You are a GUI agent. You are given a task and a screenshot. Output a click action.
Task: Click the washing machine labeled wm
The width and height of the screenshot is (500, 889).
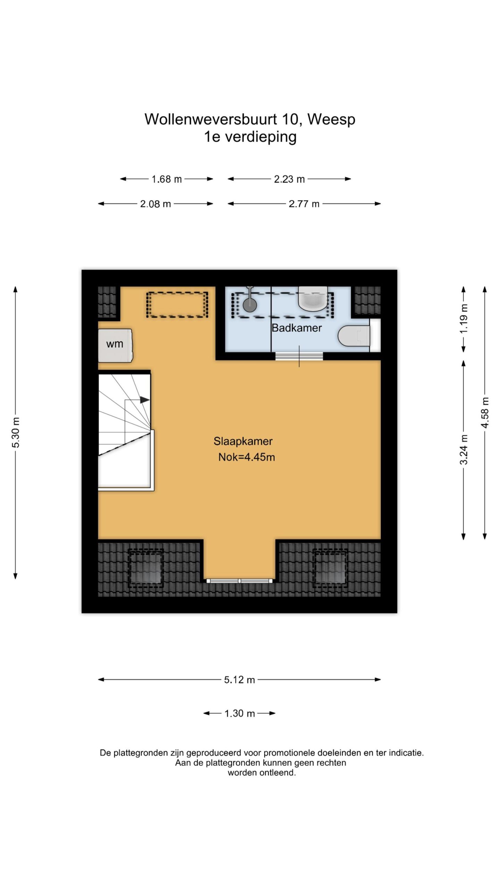point(115,345)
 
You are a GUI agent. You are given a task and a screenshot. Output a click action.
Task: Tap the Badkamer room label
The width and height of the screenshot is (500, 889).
point(297,328)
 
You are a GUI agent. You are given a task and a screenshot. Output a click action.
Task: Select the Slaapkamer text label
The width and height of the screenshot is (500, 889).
point(243,441)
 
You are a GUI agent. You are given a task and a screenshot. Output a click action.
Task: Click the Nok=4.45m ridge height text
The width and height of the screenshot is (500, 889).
point(247,457)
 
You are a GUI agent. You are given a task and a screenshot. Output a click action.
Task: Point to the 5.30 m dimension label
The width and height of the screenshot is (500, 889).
point(16,432)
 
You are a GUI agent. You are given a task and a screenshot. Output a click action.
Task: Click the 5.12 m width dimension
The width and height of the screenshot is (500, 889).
point(240,680)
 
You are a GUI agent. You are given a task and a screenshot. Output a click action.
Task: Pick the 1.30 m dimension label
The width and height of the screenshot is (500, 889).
point(240,713)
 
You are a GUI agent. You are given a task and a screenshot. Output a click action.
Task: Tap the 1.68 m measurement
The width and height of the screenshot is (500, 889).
point(167,179)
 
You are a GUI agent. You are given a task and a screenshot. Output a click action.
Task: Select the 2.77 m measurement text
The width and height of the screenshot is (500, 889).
point(304,204)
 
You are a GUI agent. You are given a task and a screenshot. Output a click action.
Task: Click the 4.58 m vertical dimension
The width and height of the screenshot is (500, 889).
point(485,413)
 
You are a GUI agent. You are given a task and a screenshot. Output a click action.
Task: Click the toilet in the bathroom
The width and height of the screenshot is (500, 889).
point(354,336)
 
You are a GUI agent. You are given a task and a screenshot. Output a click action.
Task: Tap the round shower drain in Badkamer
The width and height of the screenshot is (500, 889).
point(250,305)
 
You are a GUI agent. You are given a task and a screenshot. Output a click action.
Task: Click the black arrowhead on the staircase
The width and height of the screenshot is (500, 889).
point(145,400)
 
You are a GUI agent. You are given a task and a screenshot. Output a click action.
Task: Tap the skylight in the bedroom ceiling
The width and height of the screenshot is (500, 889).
point(177,305)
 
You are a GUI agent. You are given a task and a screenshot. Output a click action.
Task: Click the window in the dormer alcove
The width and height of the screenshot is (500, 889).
point(240,581)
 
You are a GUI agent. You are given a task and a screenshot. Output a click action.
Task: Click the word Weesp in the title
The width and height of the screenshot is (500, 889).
point(331,119)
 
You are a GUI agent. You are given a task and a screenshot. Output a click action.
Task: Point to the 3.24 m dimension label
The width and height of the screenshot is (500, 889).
point(464,449)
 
